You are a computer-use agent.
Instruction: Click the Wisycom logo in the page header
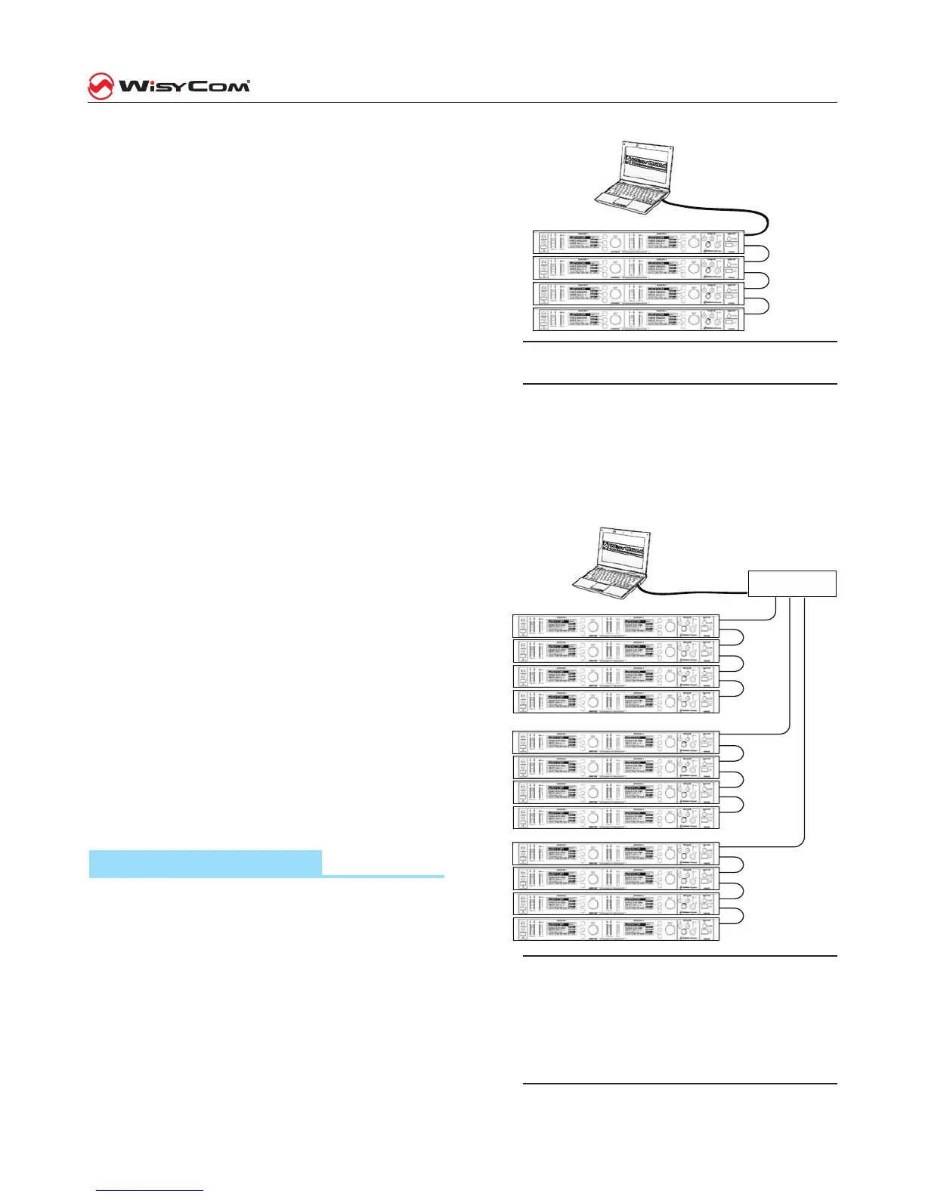coord(169,85)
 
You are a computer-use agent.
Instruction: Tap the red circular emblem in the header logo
coord(101,85)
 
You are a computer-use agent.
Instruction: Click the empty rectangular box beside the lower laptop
coord(792,584)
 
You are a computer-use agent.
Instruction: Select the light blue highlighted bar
coord(206,862)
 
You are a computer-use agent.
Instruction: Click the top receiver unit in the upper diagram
coord(639,243)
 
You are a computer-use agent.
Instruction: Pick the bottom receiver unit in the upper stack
coord(639,319)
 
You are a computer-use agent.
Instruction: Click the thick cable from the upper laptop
coord(725,207)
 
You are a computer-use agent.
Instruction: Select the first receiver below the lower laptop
coord(616,626)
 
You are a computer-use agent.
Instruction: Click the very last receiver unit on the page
coord(616,929)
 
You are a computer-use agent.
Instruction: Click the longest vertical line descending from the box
coord(803,718)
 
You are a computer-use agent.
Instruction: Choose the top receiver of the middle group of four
coord(616,742)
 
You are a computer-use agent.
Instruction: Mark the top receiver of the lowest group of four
coord(616,853)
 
